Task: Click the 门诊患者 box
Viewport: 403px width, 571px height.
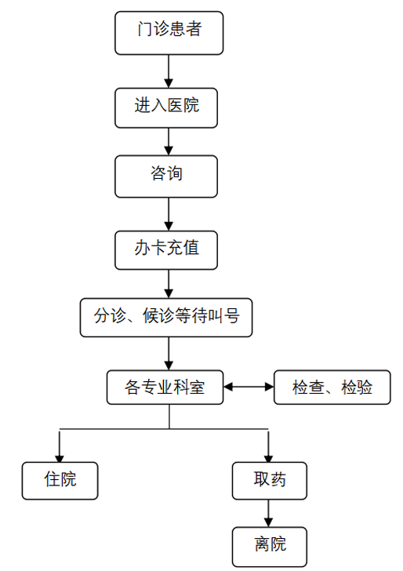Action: [x=169, y=33]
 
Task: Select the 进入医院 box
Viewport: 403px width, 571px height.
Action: [x=166, y=108]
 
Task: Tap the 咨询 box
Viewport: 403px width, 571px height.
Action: [x=166, y=176]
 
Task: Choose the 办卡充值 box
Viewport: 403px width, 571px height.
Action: [x=166, y=250]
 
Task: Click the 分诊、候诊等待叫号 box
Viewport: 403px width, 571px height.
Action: [x=166, y=318]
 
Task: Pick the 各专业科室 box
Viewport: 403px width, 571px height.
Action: [x=165, y=387]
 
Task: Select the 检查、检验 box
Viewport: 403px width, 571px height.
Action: [x=332, y=387]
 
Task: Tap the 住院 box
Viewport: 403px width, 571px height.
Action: [x=60, y=481]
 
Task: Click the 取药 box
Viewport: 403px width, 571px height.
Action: [x=270, y=481]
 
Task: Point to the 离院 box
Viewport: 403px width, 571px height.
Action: [x=270, y=547]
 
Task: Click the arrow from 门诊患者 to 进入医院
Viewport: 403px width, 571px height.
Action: [x=169, y=71]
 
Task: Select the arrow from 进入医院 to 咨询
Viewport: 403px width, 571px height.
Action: [x=169, y=142]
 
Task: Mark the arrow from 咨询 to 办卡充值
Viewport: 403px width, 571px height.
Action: [x=169, y=214]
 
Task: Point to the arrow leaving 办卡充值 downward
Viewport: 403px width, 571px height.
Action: [x=169, y=284]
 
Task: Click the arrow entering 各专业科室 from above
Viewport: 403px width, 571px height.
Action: [x=169, y=354]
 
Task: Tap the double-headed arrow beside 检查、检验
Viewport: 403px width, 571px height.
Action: [x=249, y=387]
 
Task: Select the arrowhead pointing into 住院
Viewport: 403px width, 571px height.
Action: [x=60, y=458]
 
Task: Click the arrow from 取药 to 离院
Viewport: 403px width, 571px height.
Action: [x=268, y=513]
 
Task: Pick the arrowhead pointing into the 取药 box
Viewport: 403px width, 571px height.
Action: [x=268, y=458]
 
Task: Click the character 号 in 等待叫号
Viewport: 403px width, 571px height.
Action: [x=232, y=316]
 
